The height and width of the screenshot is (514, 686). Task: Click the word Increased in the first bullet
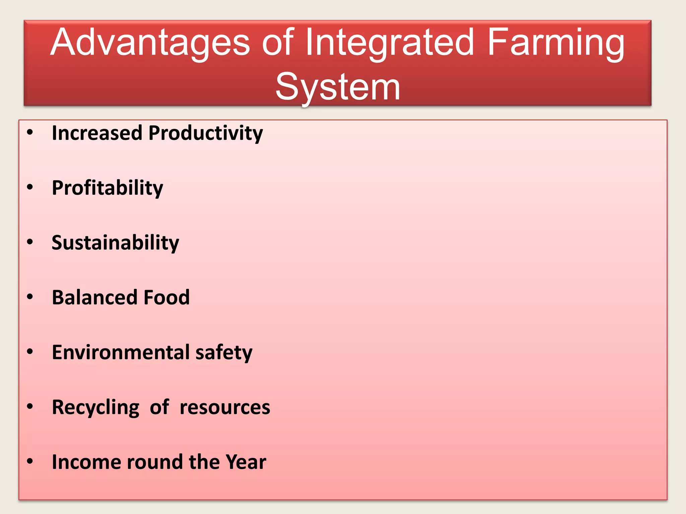pos(97,133)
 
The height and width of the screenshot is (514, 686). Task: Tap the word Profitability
pos(108,188)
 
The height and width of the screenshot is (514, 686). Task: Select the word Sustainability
pos(115,243)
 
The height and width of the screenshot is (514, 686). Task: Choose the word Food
pos(166,297)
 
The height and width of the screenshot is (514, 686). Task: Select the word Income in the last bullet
pos(86,462)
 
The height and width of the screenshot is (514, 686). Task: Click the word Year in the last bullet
pos(246,462)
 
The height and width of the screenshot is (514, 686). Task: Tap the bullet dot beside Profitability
pos(30,187)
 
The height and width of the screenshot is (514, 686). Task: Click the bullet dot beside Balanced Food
pos(30,297)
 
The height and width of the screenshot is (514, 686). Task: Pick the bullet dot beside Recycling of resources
pos(30,406)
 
